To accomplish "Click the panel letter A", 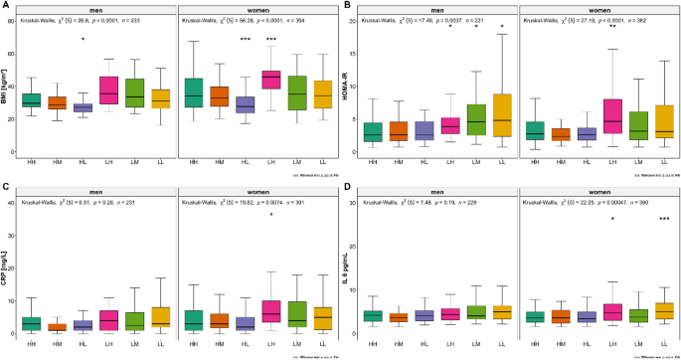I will click(x=5, y=6).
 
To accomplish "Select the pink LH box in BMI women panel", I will click(x=269, y=80).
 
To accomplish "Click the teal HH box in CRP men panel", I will click(x=32, y=324).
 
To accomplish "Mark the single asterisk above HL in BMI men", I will click(x=84, y=39).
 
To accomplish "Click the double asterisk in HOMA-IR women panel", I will click(x=613, y=27).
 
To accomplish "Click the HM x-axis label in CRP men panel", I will click(x=58, y=342).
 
